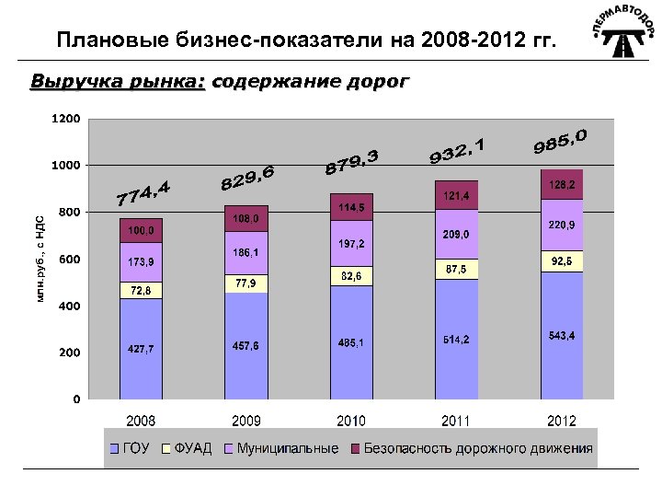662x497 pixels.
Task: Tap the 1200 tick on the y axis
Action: [x=64, y=119]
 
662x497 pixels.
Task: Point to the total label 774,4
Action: [x=143, y=192]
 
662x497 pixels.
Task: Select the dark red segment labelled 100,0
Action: [x=141, y=229]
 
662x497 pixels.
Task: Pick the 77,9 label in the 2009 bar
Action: [x=245, y=283]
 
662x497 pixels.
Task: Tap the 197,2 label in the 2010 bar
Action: [x=351, y=244]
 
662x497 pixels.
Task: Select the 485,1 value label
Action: [x=350, y=343]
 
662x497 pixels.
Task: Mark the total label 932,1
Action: [x=456, y=152]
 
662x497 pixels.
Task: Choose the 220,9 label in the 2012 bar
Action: [x=561, y=225]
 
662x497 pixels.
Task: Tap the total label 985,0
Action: [x=561, y=141]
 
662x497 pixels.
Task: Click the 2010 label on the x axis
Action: [x=350, y=422]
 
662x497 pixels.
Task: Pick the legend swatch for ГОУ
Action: [x=115, y=450]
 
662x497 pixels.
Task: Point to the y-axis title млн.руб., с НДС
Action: [x=40, y=259]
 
